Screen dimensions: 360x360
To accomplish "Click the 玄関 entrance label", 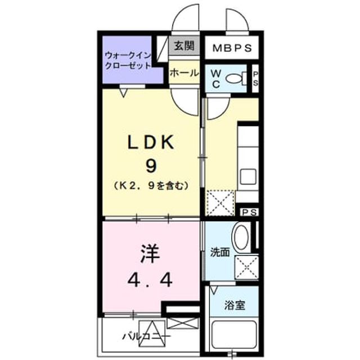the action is [184, 46].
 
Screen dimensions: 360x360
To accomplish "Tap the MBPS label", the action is [232, 48].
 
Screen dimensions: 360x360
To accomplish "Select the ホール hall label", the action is [184, 73].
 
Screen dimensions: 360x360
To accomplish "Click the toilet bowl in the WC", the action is [236, 79].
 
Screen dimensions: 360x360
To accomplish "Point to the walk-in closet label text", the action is [128, 60].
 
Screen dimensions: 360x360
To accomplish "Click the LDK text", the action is [150, 142].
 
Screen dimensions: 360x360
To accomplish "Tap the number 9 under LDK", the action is [151, 166].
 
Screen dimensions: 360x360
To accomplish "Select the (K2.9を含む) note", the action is [151, 186].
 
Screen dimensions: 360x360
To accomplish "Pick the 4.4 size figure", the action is [150, 281].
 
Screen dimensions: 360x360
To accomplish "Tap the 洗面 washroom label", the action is [220, 253].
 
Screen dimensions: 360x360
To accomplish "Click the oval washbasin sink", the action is [241, 237].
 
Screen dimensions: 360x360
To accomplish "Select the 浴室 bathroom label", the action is [235, 305].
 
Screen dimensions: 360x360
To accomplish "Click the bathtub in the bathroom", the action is [234, 335].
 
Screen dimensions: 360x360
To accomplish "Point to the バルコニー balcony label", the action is [146, 337].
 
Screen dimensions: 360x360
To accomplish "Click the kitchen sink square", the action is [248, 177].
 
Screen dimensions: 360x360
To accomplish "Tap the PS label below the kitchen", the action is [250, 212].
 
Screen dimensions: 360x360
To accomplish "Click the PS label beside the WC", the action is [255, 79].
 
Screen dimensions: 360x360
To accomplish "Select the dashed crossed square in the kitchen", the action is [220, 203].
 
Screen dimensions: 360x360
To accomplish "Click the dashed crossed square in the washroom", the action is [247, 267].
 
